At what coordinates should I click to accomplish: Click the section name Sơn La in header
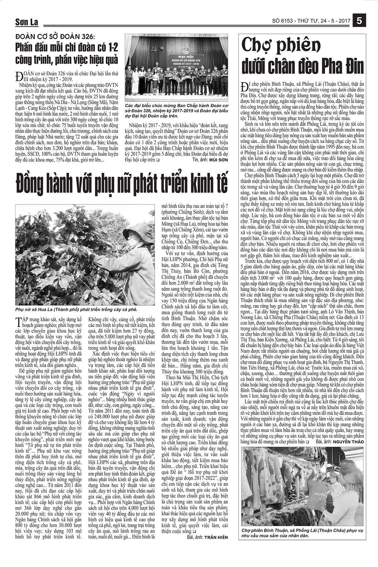26,22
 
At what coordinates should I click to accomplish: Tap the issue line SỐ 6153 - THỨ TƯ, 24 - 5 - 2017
311,21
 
